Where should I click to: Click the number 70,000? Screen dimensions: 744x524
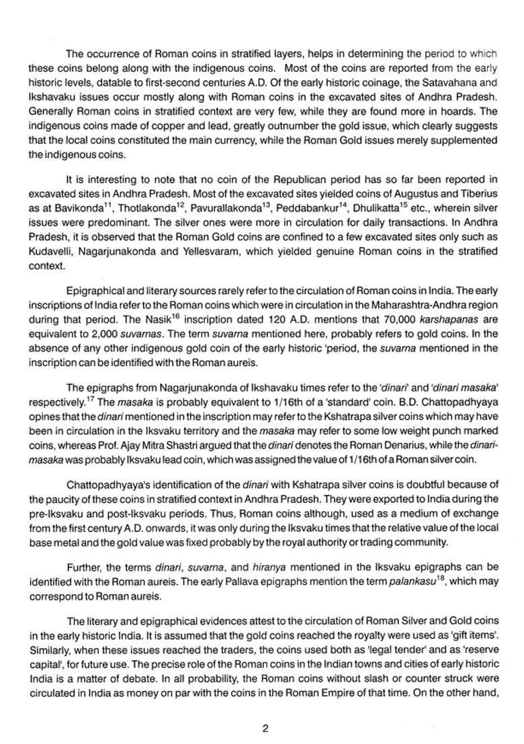point(387,319)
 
